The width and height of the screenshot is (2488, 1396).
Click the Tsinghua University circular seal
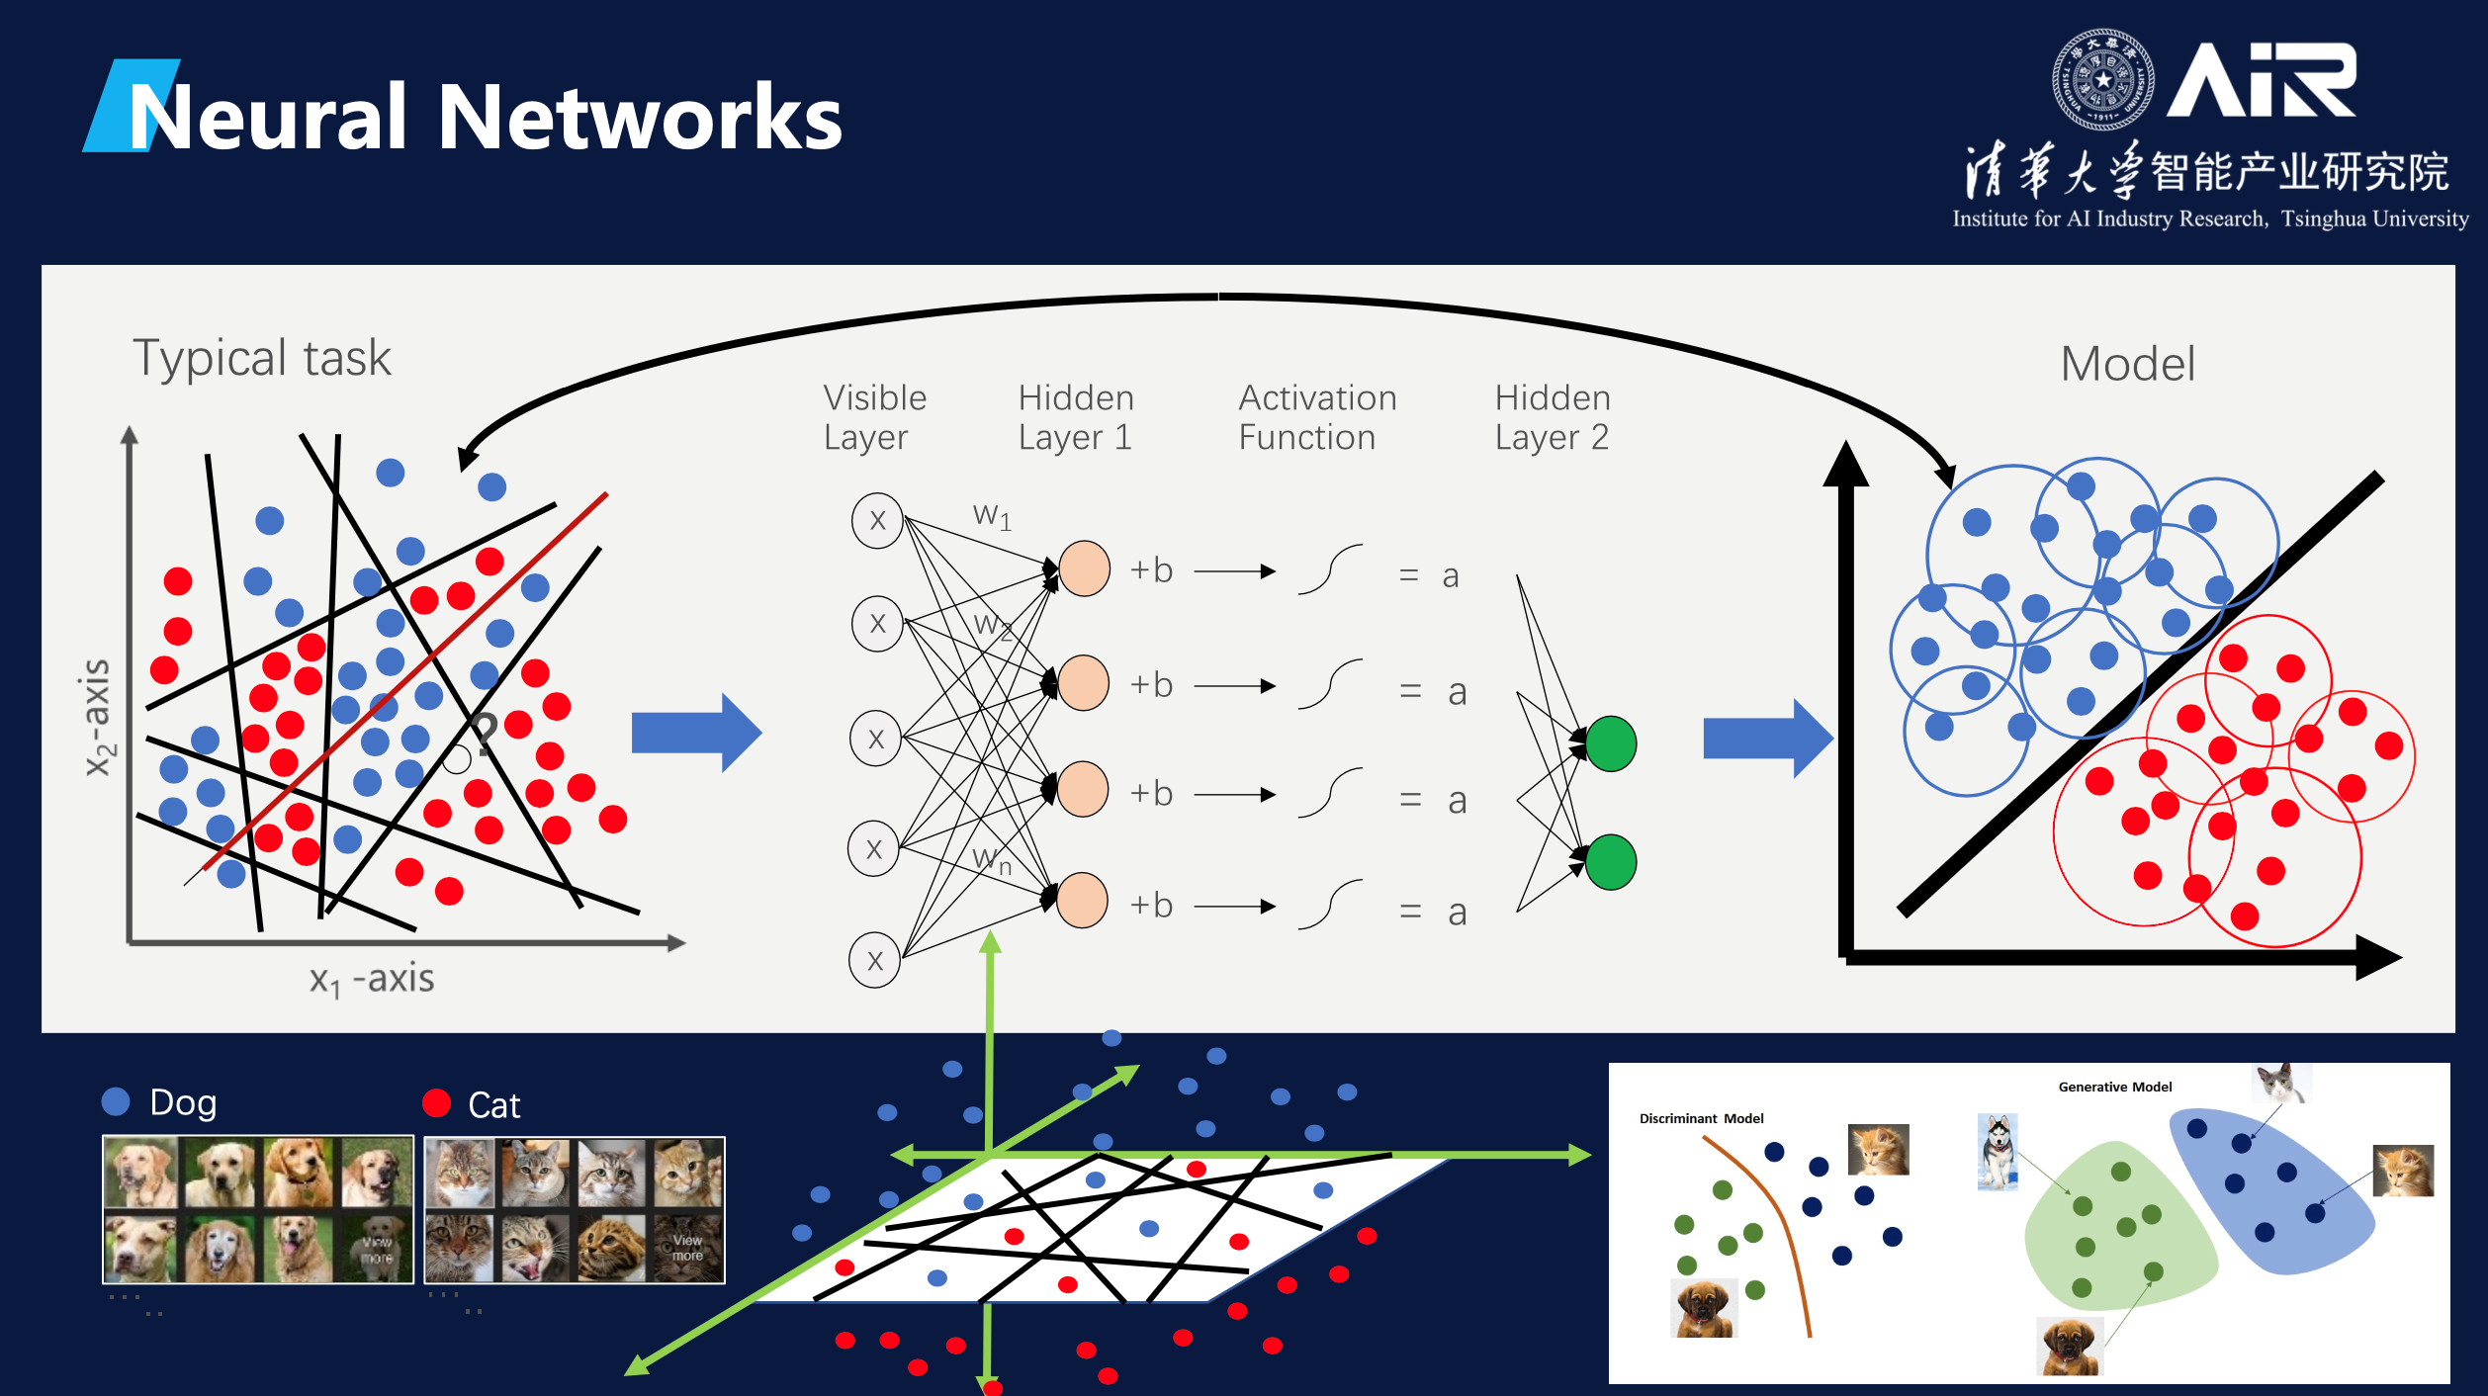pos(2102,80)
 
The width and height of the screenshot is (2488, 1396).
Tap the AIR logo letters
pos(2263,80)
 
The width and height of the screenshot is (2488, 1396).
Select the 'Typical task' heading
pos(262,358)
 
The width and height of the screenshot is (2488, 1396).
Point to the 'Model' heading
pos(2127,364)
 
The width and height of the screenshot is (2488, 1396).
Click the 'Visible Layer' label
pos(874,417)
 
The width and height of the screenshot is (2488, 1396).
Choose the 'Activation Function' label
pos(1316,417)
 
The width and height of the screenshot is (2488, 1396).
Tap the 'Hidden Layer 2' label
pos(1552,417)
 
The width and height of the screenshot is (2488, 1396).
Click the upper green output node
pos(1610,743)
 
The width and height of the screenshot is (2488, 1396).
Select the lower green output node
pos(1610,861)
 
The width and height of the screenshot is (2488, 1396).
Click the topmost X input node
pos(877,521)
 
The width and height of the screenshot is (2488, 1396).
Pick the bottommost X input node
pos(874,960)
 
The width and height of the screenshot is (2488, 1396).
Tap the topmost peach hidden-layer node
pos(1084,568)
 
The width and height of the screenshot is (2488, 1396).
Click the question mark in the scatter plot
pos(484,734)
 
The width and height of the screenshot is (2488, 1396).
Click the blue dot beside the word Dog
pos(116,1101)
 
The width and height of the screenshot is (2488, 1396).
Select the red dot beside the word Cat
pos(436,1102)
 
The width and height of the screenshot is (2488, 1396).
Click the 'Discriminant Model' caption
pos(1701,1118)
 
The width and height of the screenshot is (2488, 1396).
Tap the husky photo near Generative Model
pos(1998,1152)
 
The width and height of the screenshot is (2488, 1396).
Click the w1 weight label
pos(992,515)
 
